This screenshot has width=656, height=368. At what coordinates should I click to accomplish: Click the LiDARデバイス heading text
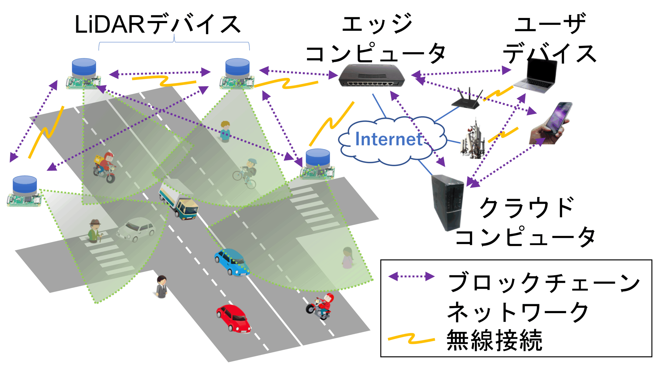pyautogui.click(x=157, y=25)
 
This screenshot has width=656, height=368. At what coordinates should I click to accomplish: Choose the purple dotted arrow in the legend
pyautogui.click(x=411, y=276)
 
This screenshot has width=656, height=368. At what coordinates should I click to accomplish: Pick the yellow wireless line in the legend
pyautogui.click(x=411, y=339)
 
